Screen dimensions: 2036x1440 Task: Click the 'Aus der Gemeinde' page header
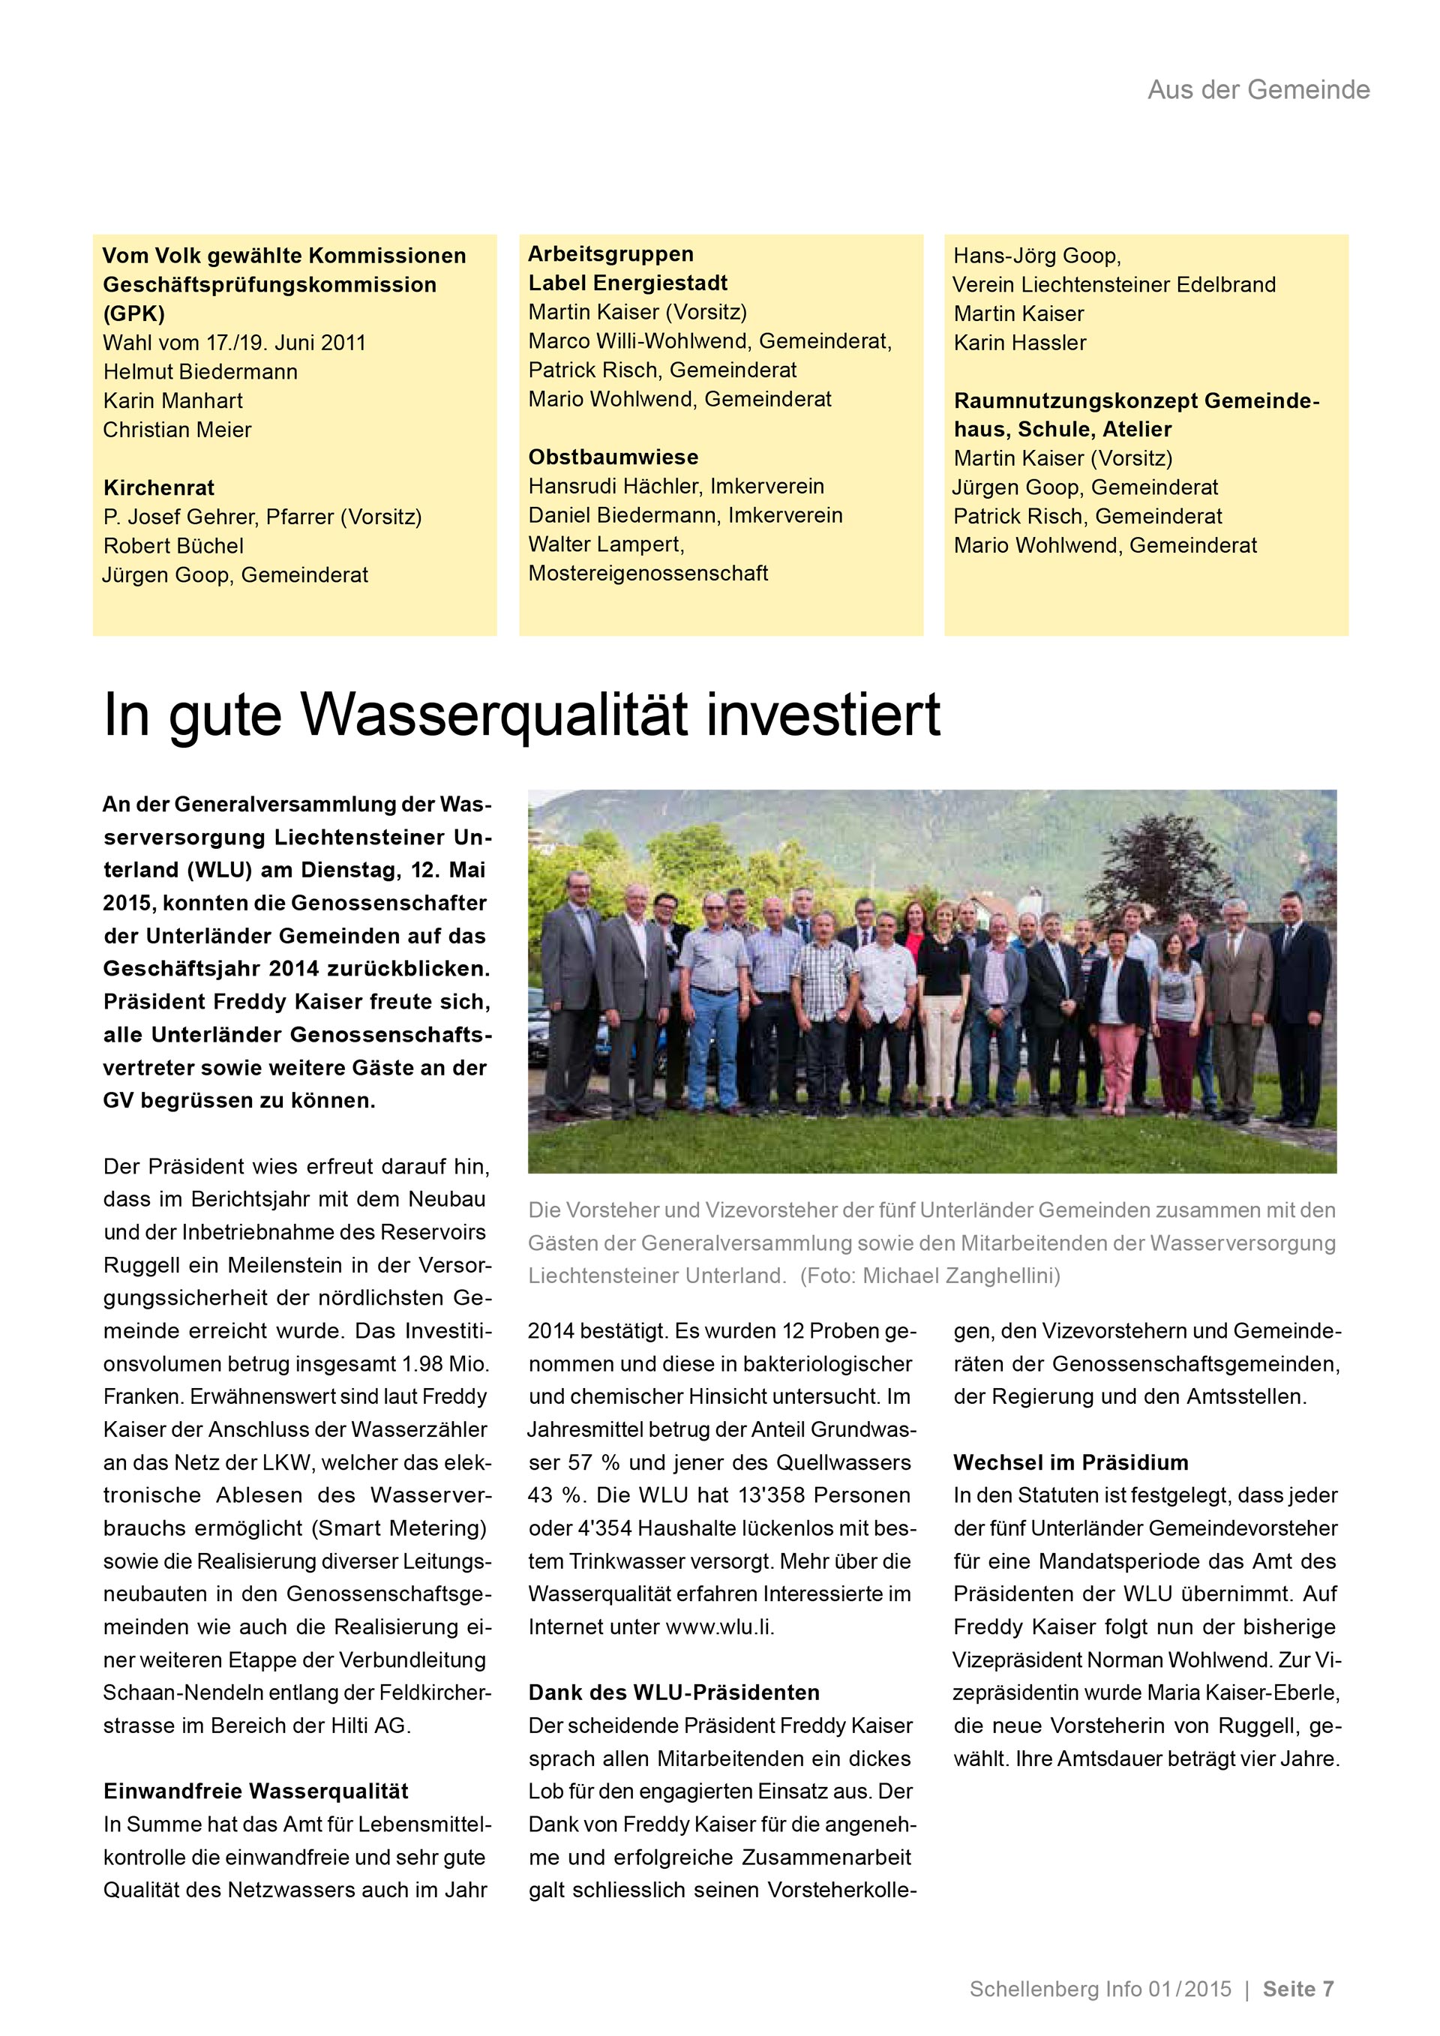coord(1258,89)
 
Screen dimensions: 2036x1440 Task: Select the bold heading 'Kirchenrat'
coord(159,487)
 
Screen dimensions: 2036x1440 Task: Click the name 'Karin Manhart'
coord(173,400)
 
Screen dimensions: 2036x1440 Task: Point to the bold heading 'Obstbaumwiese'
coord(613,457)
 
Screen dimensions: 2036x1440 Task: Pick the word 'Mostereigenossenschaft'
coord(648,574)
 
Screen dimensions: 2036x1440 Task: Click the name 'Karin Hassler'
coord(1020,343)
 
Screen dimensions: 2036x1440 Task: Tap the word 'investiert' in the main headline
coord(823,715)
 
